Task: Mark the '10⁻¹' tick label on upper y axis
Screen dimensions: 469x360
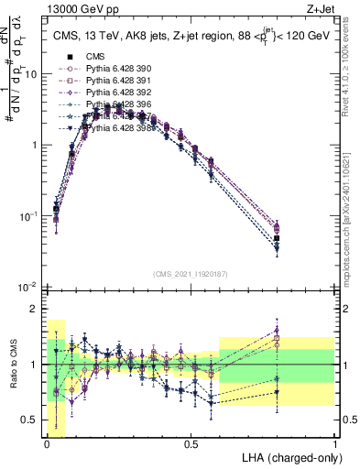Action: pos(27,216)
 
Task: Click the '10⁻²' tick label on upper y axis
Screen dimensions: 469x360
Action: pos(27,287)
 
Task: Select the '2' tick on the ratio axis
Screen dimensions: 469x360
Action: pos(34,309)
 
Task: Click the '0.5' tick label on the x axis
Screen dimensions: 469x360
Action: pos(191,444)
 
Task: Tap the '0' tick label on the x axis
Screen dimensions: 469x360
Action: pos(47,444)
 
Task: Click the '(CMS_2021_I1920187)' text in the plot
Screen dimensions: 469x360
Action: pos(190,273)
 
